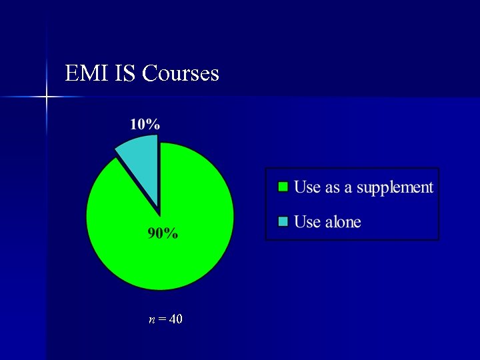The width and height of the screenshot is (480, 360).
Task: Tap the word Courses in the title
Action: pyautogui.click(x=181, y=73)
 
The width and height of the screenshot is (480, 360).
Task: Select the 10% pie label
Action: pyautogui.click(x=145, y=123)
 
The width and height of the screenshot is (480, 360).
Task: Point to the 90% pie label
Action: pyautogui.click(x=163, y=233)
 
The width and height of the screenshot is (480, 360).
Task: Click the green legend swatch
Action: pyautogui.click(x=283, y=187)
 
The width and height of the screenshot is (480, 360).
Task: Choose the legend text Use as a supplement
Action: pyautogui.click(x=363, y=187)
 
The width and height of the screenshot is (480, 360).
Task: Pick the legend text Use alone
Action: pyautogui.click(x=327, y=222)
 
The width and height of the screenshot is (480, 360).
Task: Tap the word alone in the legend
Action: pyautogui.click(x=343, y=222)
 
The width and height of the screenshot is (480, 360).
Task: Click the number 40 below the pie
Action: pyautogui.click(x=176, y=319)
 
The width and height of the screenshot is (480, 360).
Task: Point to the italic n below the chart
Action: pyautogui.click(x=152, y=320)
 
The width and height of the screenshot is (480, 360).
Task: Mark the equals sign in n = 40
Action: pyautogui.click(x=163, y=320)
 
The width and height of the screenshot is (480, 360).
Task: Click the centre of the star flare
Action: pyautogui.click(x=47, y=97)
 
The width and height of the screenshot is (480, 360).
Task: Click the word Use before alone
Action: pyautogui.click(x=307, y=222)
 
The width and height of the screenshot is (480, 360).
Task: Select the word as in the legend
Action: pyautogui.click(x=332, y=188)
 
